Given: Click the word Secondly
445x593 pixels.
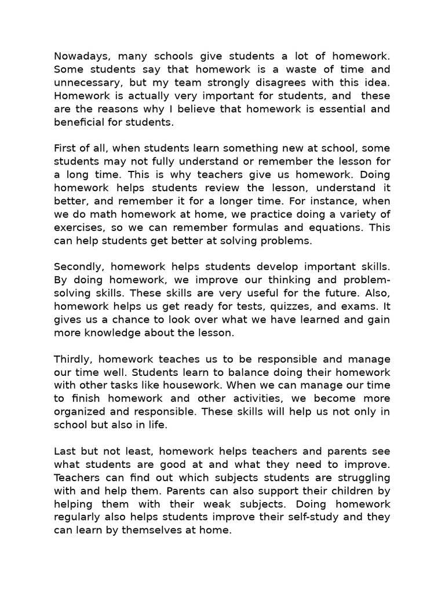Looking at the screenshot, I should coord(77,266).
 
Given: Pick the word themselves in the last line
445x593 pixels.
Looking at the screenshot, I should coord(147,529).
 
